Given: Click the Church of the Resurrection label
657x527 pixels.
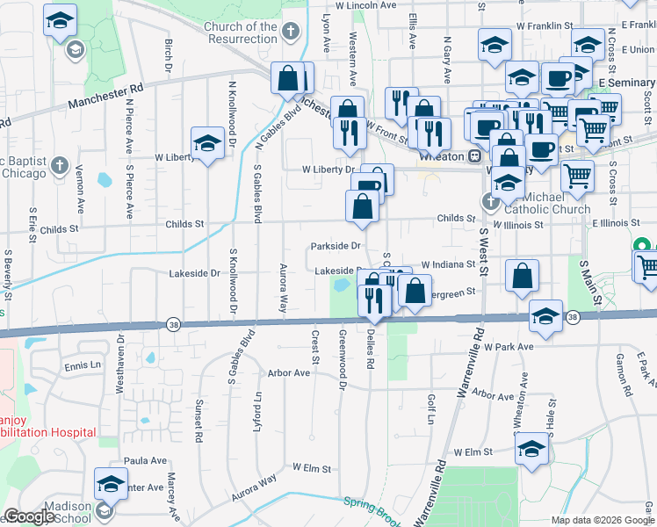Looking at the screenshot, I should click(x=240, y=33).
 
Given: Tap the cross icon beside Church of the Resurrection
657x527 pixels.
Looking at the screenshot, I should click(x=291, y=32).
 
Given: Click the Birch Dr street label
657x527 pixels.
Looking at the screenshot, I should click(x=168, y=55).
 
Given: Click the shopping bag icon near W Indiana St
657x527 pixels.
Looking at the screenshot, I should click(x=523, y=277).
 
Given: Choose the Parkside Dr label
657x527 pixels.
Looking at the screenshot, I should click(x=336, y=246).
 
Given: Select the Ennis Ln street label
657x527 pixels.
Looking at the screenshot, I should click(x=83, y=365).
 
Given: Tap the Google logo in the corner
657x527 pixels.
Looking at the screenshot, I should click(x=29, y=516).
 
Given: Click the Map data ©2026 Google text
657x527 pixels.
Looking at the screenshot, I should click(x=602, y=520).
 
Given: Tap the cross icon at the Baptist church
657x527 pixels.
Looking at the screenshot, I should click(x=60, y=165).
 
